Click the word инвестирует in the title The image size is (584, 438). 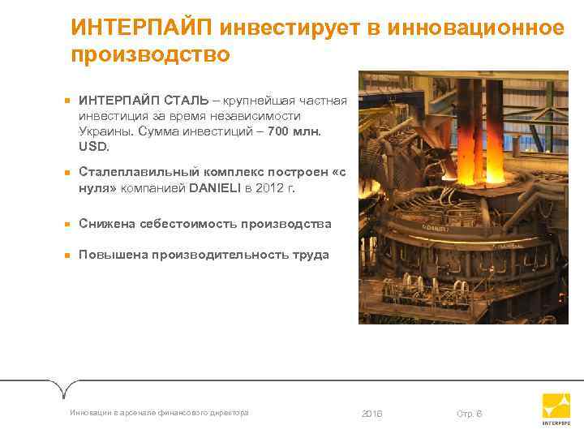click(x=293, y=28)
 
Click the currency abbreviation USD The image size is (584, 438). click(x=92, y=147)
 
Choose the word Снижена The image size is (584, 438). click(x=105, y=223)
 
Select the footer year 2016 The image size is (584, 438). click(x=369, y=414)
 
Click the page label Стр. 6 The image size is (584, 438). click(x=469, y=414)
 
